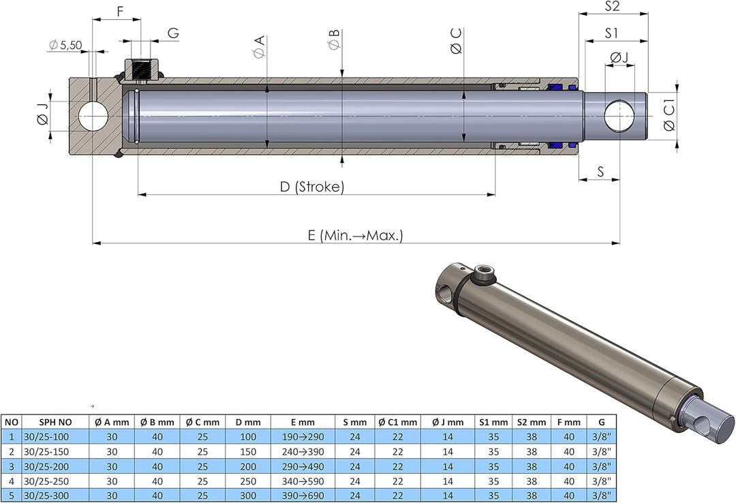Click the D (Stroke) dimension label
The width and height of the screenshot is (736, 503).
pyautogui.click(x=312, y=187)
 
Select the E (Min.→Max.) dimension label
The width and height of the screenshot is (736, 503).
pyautogui.click(x=355, y=235)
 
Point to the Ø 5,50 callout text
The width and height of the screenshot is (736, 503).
pyautogui.click(x=65, y=45)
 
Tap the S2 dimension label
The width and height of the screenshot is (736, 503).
pyautogui.click(x=612, y=6)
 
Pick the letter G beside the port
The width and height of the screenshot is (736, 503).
pyautogui.click(x=173, y=33)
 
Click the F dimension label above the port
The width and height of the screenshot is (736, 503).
pyautogui.click(x=120, y=12)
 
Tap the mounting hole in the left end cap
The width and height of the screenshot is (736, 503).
pyautogui.click(x=94, y=117)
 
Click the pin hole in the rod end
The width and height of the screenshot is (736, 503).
pyautogui.click(x=619, y=117)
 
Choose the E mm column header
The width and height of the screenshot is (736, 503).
pyautogui.click(x=302, y=423)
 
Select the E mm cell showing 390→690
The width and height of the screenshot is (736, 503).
pyautogui.click(x=302, y=496)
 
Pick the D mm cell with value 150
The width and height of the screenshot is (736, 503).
pyautogui.click(x=248, y=451)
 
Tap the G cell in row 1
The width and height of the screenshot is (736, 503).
pyautogui.click(x=600, y=437)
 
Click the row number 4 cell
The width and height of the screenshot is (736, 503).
pyautogui.click(x=12, y=481)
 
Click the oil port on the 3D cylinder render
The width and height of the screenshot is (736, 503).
pyautogui.click(x=485, y=275)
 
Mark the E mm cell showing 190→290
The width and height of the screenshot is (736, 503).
pyautogui.click(x=302, y=437)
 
